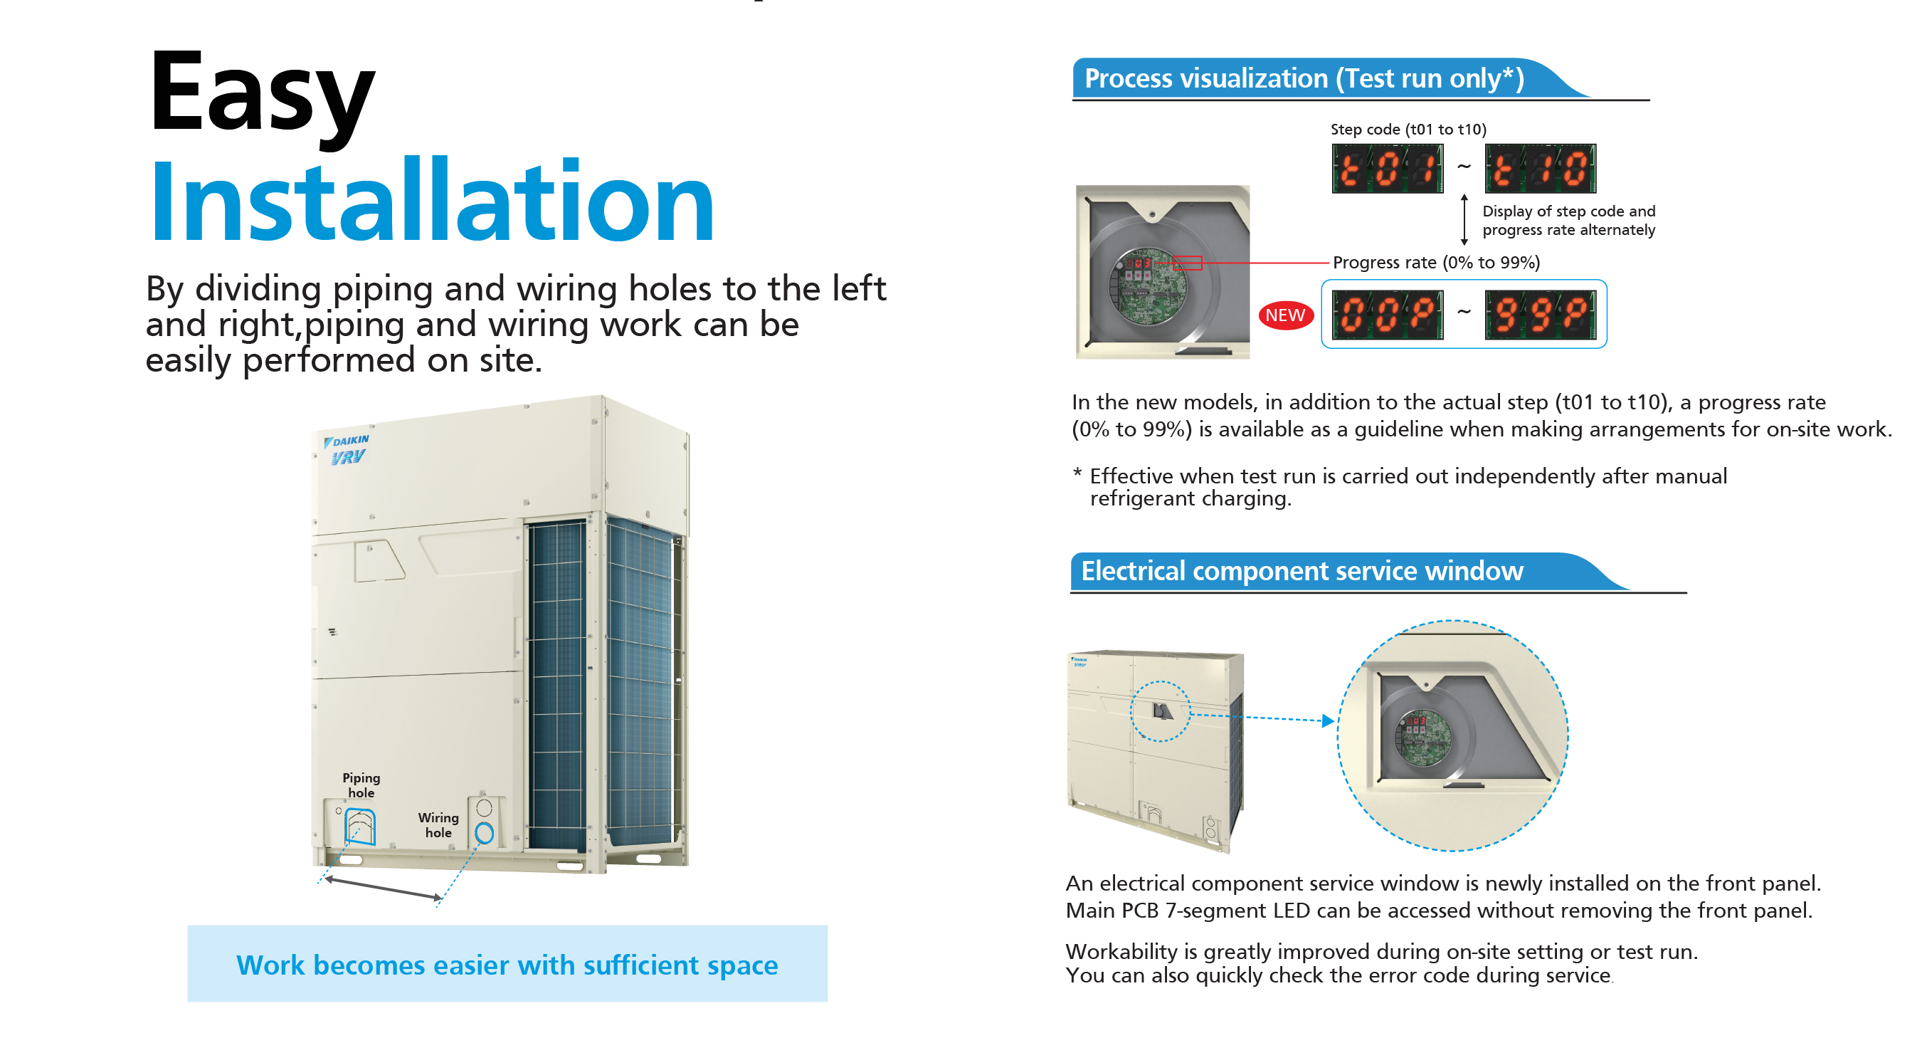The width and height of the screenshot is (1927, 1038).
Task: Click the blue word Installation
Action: [x=432, y=200]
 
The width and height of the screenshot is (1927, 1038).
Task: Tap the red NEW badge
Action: [x=1285, y=315]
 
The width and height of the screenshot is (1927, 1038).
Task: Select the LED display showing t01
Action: [x=1387, y=169]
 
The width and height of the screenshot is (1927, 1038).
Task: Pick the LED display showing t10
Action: [x=1541, y=169]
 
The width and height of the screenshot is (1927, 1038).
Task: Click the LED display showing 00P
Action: [x=1387, y=314]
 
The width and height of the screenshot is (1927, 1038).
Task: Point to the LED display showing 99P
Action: [x=1541, y=314]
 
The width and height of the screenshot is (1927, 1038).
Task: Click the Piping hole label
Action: [x=361, y=785]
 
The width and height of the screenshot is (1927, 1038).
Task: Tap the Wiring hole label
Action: [x=438, y=824]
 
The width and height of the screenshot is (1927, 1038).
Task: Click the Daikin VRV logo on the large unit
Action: [x=347, y=449]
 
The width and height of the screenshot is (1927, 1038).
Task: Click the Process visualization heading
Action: [x=1304, y=78]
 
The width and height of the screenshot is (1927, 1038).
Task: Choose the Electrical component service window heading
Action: [x=1302, y=571]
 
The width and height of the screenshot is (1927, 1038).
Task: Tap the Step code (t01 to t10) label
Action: [x=1408, y=130]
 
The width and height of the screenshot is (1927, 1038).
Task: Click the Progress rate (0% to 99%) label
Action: [x=1436, y=263]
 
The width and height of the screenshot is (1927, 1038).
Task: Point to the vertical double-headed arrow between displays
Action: [x=1464, y=219]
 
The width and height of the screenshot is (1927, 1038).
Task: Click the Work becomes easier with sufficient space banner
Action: [x=507, y=964]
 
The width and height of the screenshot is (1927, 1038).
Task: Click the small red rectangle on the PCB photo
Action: [x=1187, y=263]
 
